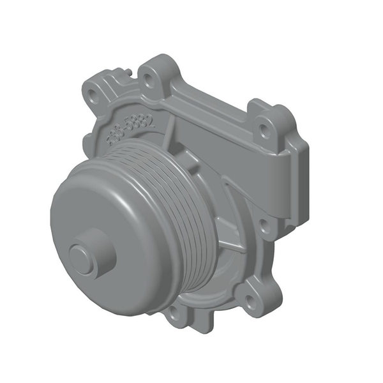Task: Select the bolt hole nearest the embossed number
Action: click(x=93, y=96)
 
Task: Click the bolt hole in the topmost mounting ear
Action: click(x=149, y=80)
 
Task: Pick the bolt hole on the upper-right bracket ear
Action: click(x=263, y=130)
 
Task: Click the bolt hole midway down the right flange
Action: click(x=264, y=223)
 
